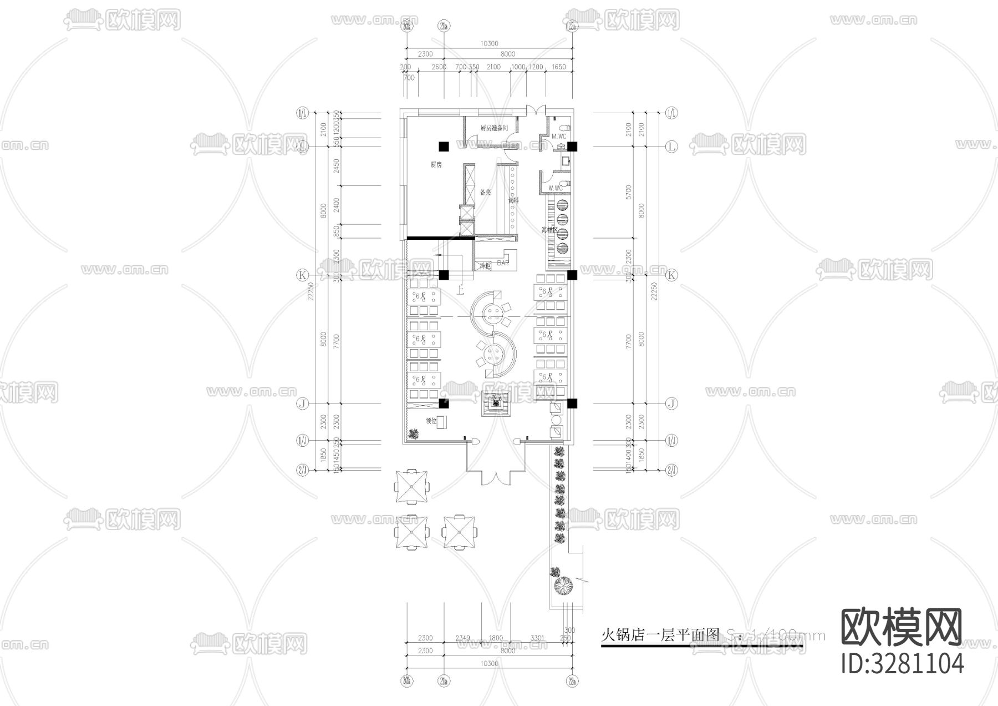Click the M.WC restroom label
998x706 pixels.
coord(558,136)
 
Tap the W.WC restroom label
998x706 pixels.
coord(555,188)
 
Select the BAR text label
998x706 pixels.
coord(503,263)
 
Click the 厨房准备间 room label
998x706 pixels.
coord(493,128)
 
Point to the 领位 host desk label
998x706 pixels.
coord(431,421)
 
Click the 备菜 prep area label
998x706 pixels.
coord(485,192)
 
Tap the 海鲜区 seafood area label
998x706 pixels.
coord(549,230)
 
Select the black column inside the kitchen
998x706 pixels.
coord(444,147)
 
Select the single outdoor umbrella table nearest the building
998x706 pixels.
coord(411,487)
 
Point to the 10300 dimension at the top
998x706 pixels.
coord(489,44)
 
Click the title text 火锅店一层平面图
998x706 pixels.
coord(660,634)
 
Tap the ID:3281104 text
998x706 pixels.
coord(902,664)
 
